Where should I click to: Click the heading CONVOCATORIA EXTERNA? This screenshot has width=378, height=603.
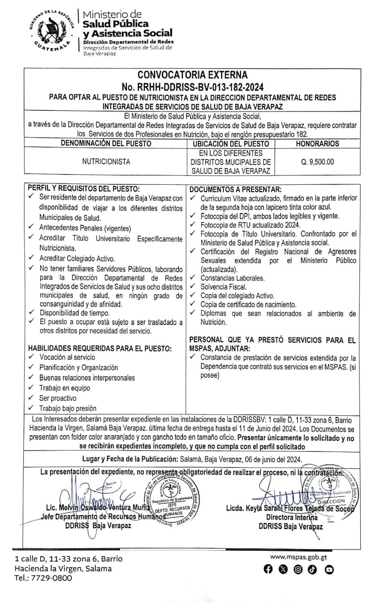pyautogui.click(x=192, y=75)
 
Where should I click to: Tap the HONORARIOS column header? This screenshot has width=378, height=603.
pyautogui.click(x=317, y=144)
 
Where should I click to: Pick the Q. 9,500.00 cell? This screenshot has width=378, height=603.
pyautogui.click(x=317, y=162)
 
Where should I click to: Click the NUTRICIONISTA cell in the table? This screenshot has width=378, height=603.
pyautogui.click(x=106, y=162)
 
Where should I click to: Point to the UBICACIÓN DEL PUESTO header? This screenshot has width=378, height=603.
pyautogui.click(x=231, y=144)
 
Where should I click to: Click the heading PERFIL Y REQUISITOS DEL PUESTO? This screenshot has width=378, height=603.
pyautogui.click(x=84, y=189)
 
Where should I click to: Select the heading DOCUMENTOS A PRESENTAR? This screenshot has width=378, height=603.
pyautogui.click(x=235, y=190)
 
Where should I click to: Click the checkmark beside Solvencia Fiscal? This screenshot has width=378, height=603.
pyautogui.click(x=193, y=287)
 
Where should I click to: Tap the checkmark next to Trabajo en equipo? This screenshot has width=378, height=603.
pyautogui.click(x=31, y=388)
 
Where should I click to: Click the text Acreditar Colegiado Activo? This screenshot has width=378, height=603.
pyautogui.click(x=77, y=259)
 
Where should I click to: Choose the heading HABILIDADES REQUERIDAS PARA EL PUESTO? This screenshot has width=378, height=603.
pyautogui.click(x=100, y=349)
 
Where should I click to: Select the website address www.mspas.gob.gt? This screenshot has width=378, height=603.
pyautogui.click(x=298, y=557)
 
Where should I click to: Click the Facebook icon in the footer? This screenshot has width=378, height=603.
pyautogui.click(x=268, y=569)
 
